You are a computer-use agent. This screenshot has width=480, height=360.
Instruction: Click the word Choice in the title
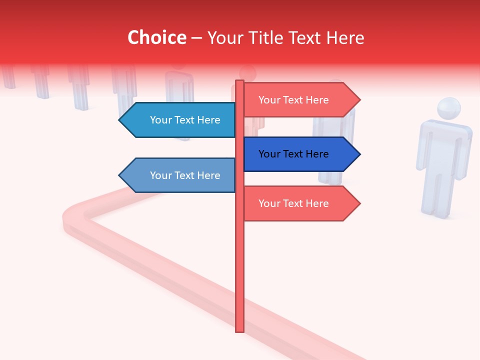pos(156,37)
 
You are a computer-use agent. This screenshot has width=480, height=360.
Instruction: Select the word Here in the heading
pos(345,37)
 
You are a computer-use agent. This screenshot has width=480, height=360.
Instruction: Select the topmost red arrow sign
pos(300,100)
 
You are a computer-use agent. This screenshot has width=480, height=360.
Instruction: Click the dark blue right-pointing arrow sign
pos(300,154)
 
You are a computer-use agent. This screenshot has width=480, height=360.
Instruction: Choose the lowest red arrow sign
pos(300,203)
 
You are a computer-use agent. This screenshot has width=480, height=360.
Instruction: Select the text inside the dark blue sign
pos(293,154)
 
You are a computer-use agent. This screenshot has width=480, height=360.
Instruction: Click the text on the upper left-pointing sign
pos(185,120)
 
